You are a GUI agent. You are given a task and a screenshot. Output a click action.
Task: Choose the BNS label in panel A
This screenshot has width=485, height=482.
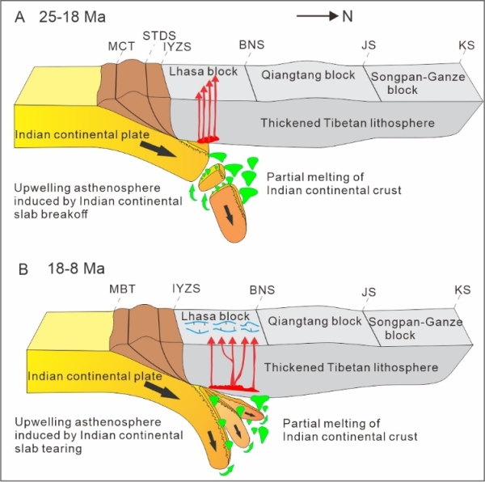pos(252,46)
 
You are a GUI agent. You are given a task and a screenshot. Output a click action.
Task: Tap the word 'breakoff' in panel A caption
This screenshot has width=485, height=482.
pos(53,218)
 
